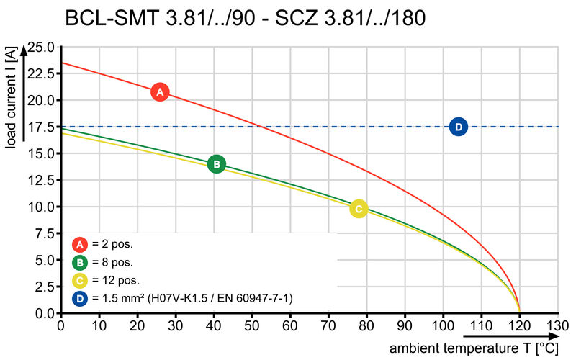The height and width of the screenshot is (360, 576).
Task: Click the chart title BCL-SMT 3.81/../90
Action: [245, 18]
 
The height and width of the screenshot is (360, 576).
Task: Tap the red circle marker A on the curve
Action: [160, 92]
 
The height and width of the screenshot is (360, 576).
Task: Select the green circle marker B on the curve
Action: [217, 164]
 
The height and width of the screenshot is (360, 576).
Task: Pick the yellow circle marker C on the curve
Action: [359, 209]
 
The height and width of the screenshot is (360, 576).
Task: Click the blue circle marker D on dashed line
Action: [459, 127]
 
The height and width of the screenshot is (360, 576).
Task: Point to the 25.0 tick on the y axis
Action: [40, 47]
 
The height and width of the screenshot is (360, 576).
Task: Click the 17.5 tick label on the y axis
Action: [40, 127]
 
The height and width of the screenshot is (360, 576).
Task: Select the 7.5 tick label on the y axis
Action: [43, 234]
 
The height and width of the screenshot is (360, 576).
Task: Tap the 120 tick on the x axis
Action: [520, 325]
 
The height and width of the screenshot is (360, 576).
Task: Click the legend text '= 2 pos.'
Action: [112, 244]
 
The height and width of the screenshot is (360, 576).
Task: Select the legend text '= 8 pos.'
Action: [112, 262]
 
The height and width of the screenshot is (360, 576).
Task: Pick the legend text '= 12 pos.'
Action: [115, 280]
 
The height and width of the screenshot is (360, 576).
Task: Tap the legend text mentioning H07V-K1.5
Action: [192, 298]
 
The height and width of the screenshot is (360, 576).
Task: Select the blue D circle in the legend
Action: [80, 298]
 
